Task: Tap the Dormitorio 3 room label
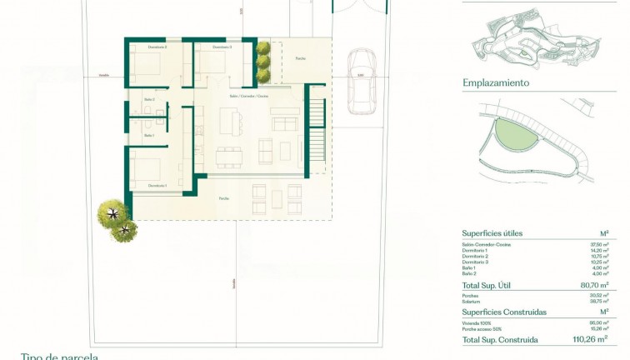[221, 47]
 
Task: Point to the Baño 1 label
[149, 135]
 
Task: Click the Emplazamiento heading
[496, 83]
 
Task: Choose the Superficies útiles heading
[492, 234]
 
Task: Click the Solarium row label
[471, 300]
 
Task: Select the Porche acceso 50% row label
[481, 327]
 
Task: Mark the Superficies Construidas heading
[504, 312]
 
